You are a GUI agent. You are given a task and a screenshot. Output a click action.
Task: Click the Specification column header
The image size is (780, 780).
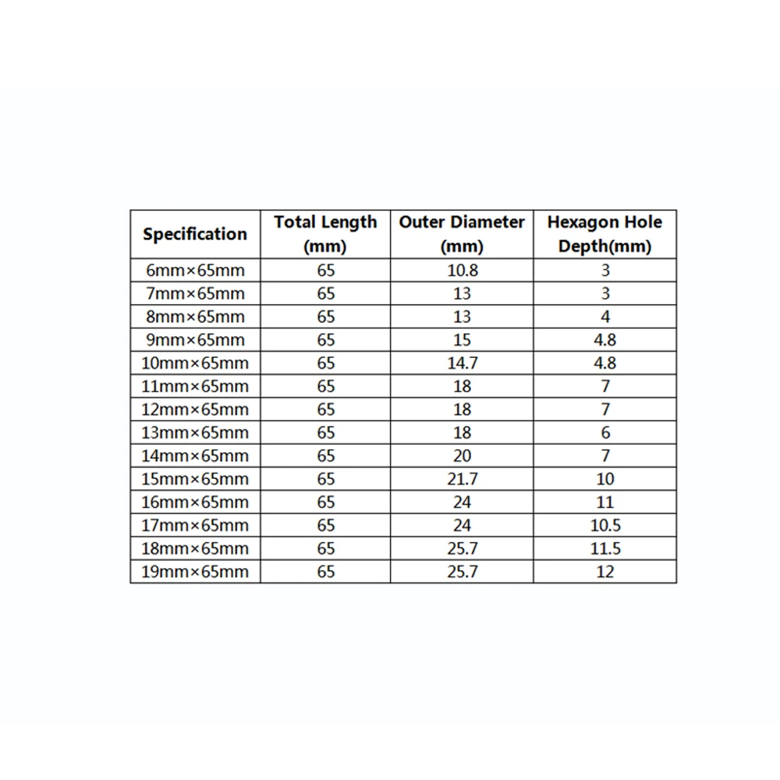[195, 234]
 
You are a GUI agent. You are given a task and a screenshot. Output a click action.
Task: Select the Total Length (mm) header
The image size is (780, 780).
[325, 234]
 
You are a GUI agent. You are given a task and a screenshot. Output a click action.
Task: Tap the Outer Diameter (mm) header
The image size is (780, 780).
[462, 234]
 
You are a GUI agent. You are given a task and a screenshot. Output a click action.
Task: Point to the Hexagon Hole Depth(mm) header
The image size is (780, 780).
[604, 234]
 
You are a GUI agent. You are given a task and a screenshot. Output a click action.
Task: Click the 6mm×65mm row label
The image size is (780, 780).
[195, 271]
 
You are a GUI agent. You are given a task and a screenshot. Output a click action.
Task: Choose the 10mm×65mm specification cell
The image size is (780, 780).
[195, 363]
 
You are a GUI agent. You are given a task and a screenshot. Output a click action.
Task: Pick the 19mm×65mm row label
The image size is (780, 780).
[195, 572]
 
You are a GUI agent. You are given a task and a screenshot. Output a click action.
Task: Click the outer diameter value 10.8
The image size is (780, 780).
[462, 271]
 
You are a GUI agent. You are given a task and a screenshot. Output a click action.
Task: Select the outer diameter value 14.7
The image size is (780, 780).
[462, 363]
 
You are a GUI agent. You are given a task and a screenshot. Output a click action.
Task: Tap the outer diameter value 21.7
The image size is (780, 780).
[462, 479]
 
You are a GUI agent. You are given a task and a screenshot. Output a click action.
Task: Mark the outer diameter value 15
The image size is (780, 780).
[462, 340]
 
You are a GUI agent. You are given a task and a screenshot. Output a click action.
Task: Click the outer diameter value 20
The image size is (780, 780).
[462, 456]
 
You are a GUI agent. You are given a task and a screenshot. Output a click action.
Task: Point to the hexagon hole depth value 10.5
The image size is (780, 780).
[604, 526]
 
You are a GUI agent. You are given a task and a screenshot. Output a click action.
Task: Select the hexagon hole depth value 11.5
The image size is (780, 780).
[604, 548]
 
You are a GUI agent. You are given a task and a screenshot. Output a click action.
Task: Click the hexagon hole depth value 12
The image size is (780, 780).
[604, 572]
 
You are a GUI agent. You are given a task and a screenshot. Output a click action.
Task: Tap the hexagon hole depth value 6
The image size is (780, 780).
[605, 433]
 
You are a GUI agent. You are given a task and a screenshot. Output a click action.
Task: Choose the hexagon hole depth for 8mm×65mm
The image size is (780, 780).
[605, 317]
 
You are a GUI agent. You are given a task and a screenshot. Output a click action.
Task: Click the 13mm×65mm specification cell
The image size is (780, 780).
[195, 433]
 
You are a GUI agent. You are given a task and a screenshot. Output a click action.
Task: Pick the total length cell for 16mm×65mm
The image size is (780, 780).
[325, 502]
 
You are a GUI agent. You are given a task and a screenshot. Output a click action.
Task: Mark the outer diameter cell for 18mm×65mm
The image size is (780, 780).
[462, 548]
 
